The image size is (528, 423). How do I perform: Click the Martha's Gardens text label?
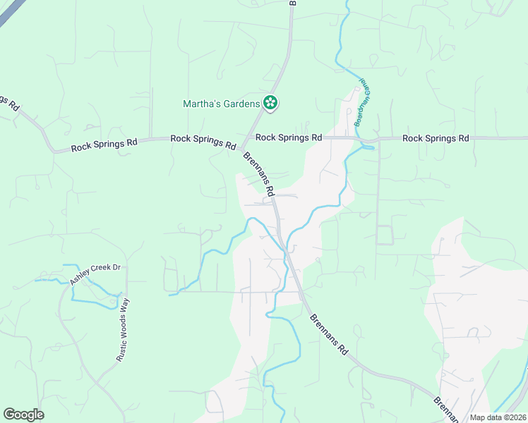click(222, 104)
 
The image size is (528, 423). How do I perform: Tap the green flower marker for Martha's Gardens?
click(270, 103)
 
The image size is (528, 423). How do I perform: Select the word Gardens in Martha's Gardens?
click(239, 104)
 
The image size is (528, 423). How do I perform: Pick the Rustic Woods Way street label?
click(125, 329)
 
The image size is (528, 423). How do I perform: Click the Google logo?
click(23, 414)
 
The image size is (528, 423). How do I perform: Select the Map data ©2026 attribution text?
click(498, 417)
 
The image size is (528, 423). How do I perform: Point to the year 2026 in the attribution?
click(516, 417)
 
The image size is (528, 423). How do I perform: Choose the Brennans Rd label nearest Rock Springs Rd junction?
click(258, 173)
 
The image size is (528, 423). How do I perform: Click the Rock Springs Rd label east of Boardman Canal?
click(436, 138)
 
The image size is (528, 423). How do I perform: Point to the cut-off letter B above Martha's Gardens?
click(292, 3)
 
